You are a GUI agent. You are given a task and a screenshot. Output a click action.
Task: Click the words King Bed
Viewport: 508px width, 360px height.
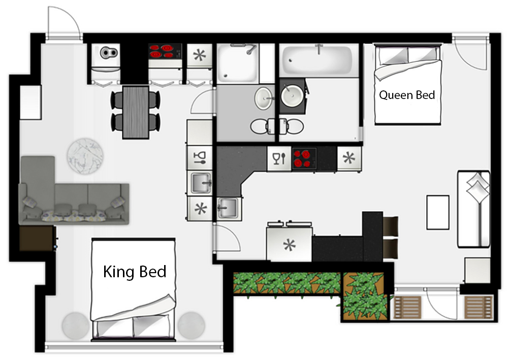tap(135, 271)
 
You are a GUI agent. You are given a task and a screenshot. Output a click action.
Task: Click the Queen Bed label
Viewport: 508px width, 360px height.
tap(407, 95)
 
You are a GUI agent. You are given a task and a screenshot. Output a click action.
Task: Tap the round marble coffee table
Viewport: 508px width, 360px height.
tap(85, 156)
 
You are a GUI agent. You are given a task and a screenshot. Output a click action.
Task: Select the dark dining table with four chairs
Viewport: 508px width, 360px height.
tap(136, 112)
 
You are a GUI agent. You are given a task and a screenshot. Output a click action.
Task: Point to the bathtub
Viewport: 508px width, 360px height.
tap(317, 60)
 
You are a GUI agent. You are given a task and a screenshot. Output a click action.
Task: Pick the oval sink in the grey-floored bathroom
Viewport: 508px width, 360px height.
tap(264, 99)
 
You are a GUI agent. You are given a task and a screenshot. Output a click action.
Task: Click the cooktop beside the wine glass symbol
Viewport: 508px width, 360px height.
tap(304, 158)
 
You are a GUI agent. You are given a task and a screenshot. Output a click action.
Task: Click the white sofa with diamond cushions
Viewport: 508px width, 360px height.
tap(473, 209)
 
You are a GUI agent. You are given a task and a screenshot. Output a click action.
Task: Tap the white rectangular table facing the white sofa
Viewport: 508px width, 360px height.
tap(438, 212)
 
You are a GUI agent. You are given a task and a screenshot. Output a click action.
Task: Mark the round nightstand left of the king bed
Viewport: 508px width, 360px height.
tap(76, 325)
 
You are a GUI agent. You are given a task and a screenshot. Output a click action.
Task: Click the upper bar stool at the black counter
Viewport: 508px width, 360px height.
tap(390, 226)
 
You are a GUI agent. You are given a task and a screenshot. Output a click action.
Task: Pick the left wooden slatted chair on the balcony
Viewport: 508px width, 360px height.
tap(407, 307)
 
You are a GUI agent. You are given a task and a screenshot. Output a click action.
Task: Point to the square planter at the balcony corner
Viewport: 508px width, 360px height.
tap(364, 297)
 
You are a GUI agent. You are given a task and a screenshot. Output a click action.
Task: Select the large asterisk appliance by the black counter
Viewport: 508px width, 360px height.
tap(290, 244)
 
